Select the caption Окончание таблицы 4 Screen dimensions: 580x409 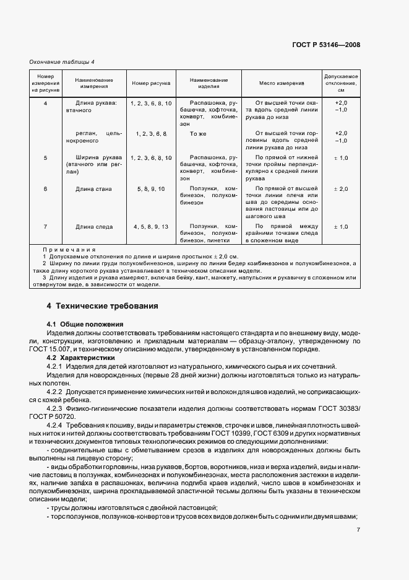pos(62,61)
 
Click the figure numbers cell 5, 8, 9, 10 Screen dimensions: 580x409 pos(150,188)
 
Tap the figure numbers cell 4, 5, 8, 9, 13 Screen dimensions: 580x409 pos(150,227)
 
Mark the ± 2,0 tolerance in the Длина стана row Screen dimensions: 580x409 pos(340,188)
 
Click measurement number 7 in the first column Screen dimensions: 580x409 pos(45,227)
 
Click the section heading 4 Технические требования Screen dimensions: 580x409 pos(102,306)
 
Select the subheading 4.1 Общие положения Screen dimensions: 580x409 pos(85,324)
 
